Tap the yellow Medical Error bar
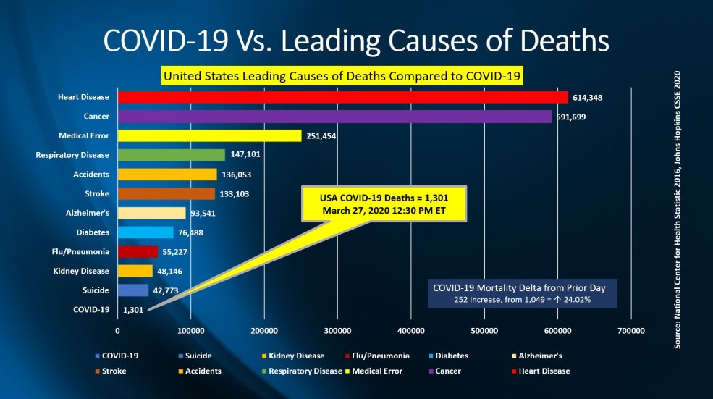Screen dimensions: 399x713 (x=209, y=135)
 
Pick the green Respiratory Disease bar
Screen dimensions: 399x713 (x=171, y=155)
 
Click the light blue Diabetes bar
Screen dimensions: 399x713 (x=145, y=232)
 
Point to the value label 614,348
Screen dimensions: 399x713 (x=589, y=97)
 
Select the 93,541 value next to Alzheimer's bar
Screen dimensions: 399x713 (x=203, y=214)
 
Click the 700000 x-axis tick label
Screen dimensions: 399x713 (x=631, y=331)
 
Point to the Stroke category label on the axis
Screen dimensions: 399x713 (x=97, y=193)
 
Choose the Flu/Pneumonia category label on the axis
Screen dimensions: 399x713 (x=85, y=252)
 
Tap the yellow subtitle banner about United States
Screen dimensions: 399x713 (x=342, y=75)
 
